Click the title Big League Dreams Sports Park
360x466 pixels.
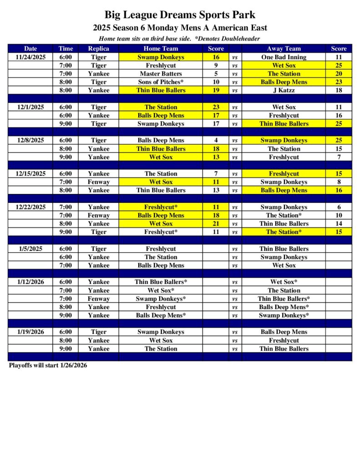coord(180,15)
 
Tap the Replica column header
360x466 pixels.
coord(98,49)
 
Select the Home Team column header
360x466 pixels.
coord(161,49)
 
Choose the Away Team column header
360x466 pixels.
coord(284,49)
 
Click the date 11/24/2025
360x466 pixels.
coord(30,57)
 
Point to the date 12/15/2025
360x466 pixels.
coord(30,174)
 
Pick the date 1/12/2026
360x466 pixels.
coord(30,282)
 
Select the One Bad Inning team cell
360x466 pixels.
coord(284,57)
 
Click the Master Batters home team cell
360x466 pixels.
coord(161,74)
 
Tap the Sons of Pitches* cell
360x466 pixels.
coord(161,82)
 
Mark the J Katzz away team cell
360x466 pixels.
coord(284,91)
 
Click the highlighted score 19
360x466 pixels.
coord(216,91)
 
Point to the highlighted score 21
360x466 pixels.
coord(216,224)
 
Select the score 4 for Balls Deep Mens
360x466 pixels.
coord(216,141)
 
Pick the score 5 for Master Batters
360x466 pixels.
coord(216,74)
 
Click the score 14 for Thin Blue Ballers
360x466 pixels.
coord(339,224)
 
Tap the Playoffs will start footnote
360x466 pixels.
coord(48,365)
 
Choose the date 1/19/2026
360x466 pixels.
coord(30,332)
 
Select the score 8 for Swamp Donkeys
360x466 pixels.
coord(339,182)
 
